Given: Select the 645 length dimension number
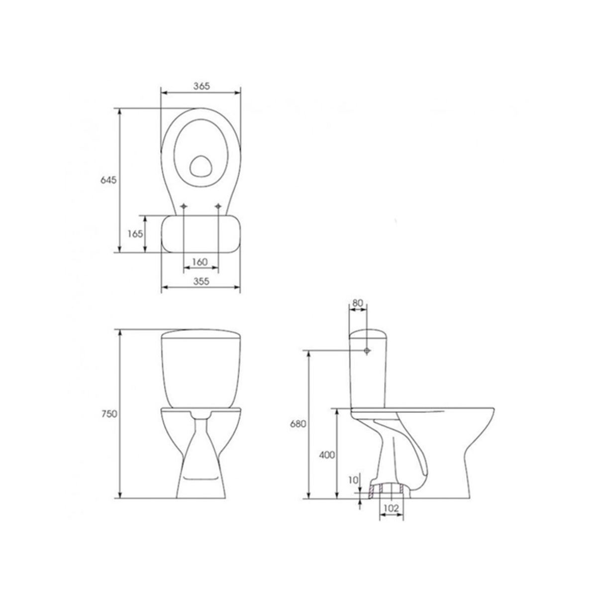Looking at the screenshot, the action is (x=108, y=180).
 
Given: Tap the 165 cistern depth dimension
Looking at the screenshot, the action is (x=135, y=234).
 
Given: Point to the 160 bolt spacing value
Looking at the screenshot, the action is (x=200, y=262).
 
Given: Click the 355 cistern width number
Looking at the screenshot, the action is (x=201, y=281).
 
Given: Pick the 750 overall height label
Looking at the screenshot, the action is (x=109, y=413).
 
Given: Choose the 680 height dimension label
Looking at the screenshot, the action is (x=298, y=424).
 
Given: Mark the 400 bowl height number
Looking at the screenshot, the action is (x=327, y=455).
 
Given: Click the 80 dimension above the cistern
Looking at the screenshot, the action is (x=357, y=303).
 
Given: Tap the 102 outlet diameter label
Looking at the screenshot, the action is (x=392, y=508).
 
